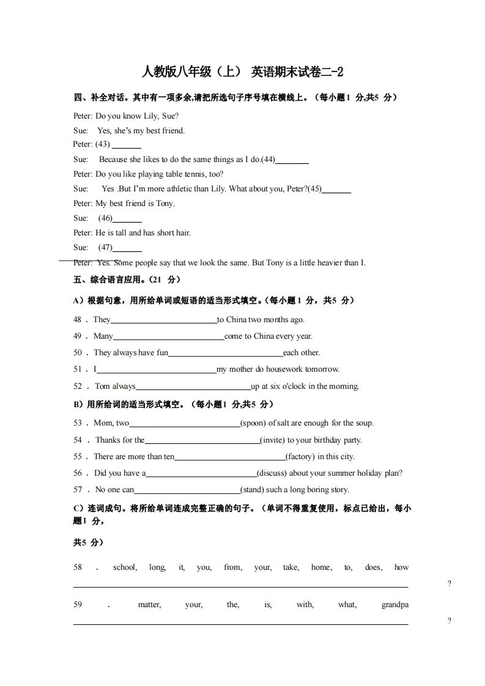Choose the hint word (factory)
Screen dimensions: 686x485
[x=301, y=457]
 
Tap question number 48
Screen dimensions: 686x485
[x=78, y=320]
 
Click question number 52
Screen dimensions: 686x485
[x=78, y=386]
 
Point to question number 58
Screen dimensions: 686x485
[x=78, y=567]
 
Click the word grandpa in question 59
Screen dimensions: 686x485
[x=394, y=605]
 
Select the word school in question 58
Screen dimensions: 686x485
[x=125, y=567]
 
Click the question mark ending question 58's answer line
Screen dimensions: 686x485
[x=450, y=584]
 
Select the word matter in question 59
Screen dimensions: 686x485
[x=149, y=605]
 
